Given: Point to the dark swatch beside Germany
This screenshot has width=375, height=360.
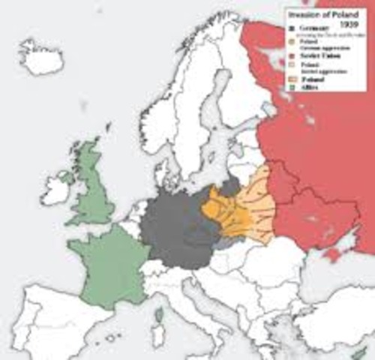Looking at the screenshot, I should point(294,28).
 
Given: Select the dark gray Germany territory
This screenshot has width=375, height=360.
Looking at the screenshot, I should point(172,229).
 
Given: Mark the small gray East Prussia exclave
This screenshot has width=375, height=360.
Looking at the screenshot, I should point(229,185).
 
